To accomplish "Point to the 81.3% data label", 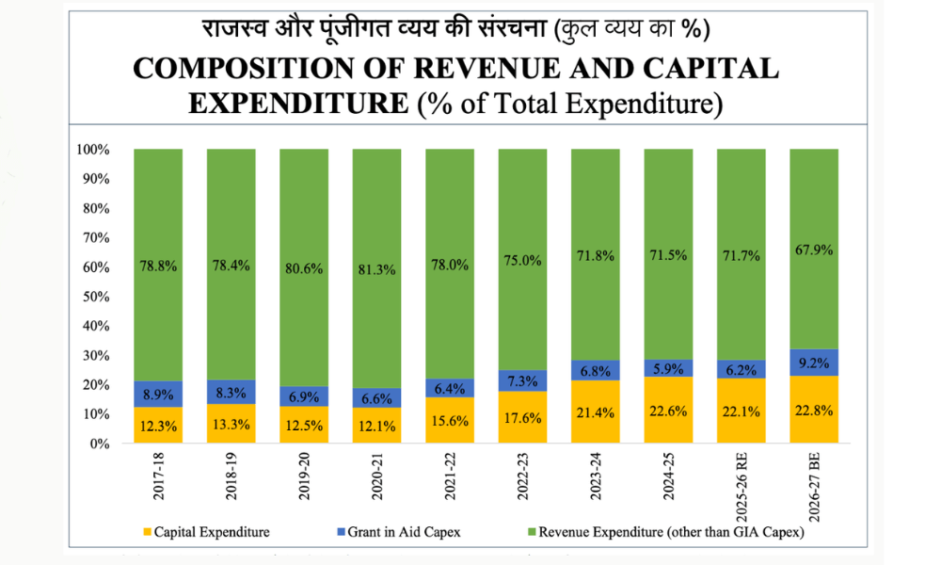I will [376, 268].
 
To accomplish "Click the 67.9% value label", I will [813, 250].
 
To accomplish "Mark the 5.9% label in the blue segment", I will [667, 368].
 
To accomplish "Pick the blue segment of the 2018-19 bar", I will [231, 392].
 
